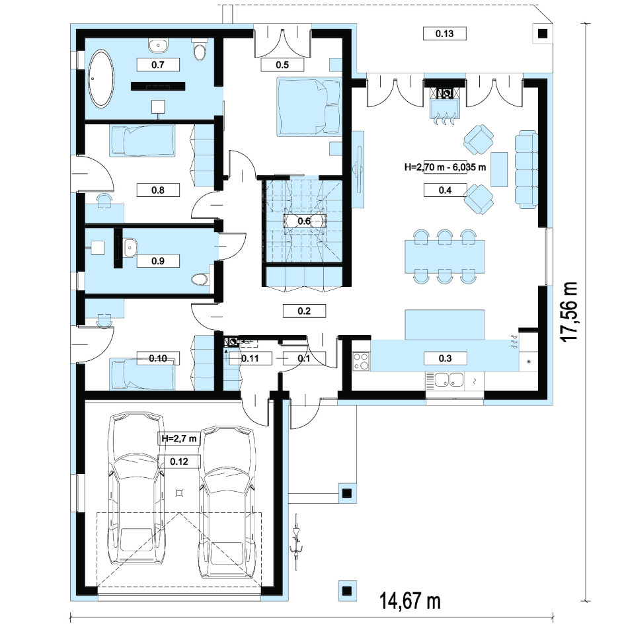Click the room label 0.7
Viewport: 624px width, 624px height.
tap(158, 65)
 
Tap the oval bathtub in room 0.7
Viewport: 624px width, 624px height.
tap(101, 79)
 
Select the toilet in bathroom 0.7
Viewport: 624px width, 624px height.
tap(199, 49)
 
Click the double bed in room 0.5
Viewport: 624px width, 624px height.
tap(309, 106)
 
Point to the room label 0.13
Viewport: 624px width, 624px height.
tap(444, 34)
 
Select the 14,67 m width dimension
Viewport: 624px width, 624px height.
tap(410, 600)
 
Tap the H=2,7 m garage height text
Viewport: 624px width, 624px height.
tap(179, 438)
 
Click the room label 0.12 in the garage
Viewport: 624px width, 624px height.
tap(179, 461)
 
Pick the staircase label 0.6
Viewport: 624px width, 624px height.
tap(304, 221)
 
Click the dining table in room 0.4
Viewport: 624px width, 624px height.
tap(445, 256)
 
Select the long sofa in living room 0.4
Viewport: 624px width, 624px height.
tap(526, 169)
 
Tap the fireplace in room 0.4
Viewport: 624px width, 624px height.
tap(444, 102)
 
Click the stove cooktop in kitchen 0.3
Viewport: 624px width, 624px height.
tap(362, 362)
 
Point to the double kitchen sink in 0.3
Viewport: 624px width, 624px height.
tap(449, 379)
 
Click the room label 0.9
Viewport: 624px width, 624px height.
tap(158, 261)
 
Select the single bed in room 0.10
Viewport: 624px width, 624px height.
tap(143, 374)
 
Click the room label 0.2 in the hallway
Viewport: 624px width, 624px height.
tap(304, 311)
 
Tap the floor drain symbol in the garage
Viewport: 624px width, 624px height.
tap(180, 494)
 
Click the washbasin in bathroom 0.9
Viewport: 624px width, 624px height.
tap(130, 247)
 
